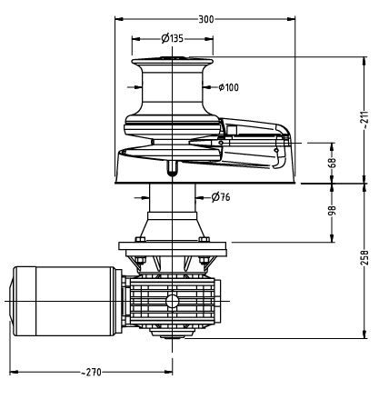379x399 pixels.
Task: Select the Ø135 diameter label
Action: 173,38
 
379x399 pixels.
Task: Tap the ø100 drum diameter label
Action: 228,87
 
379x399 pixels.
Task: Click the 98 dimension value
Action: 333,210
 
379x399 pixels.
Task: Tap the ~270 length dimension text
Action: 90,372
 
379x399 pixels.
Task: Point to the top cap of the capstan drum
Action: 172,60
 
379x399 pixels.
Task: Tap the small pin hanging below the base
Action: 172,167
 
